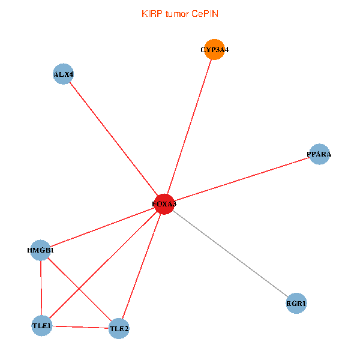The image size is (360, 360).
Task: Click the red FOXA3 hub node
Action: (164, 204)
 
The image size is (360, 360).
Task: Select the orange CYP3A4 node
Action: (214, 50)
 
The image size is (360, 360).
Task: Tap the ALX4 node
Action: (63, 74)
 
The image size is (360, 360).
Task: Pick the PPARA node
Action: (319, 154)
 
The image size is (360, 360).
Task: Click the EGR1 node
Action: (296, 304)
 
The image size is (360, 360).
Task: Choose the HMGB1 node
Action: (40, 250)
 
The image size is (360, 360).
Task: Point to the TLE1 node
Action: (41, 326)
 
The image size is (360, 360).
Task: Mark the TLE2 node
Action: (119, 328)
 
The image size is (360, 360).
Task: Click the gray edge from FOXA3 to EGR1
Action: (230, 254)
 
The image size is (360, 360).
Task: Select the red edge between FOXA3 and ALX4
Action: (113, 139)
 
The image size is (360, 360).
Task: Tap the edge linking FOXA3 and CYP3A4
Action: (189, 127)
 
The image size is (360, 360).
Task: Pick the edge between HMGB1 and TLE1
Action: (41, 288)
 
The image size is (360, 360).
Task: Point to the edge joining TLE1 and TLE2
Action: (80, 327)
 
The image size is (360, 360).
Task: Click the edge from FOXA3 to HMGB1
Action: (102, 227)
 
